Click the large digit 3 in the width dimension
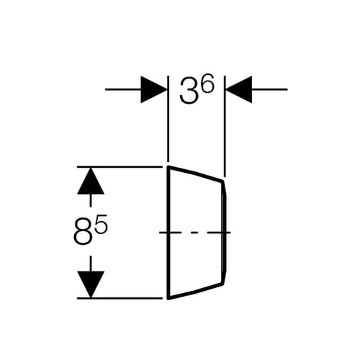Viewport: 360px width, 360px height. (x=189, y=91)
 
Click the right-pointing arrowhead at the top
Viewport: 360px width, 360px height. (x=154, y=89)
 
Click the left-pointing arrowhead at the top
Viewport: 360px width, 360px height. (x=239, y=89)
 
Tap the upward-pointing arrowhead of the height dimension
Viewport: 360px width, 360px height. (x=91, y=181)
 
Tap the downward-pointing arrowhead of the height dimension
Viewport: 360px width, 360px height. (x=91, y=284)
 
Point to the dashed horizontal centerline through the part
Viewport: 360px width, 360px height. (x=195, y=233)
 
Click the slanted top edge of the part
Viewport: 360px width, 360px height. (x=196, y=173)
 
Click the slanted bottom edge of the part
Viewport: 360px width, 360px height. (x=196, y=291)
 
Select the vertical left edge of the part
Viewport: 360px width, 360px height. (x=168, y=233)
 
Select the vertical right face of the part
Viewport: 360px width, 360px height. (x=225, y=233)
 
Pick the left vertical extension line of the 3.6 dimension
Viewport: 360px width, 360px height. (x=168, y=119)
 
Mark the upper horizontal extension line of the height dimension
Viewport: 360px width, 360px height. (x=120, y=166)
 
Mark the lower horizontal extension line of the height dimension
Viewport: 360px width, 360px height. (x=120, y=298)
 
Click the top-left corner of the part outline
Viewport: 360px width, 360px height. (x=168, y=166)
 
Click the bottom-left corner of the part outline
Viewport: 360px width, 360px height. (x=168, y=299)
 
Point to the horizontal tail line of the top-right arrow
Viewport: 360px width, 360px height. (x=269, y=89)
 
